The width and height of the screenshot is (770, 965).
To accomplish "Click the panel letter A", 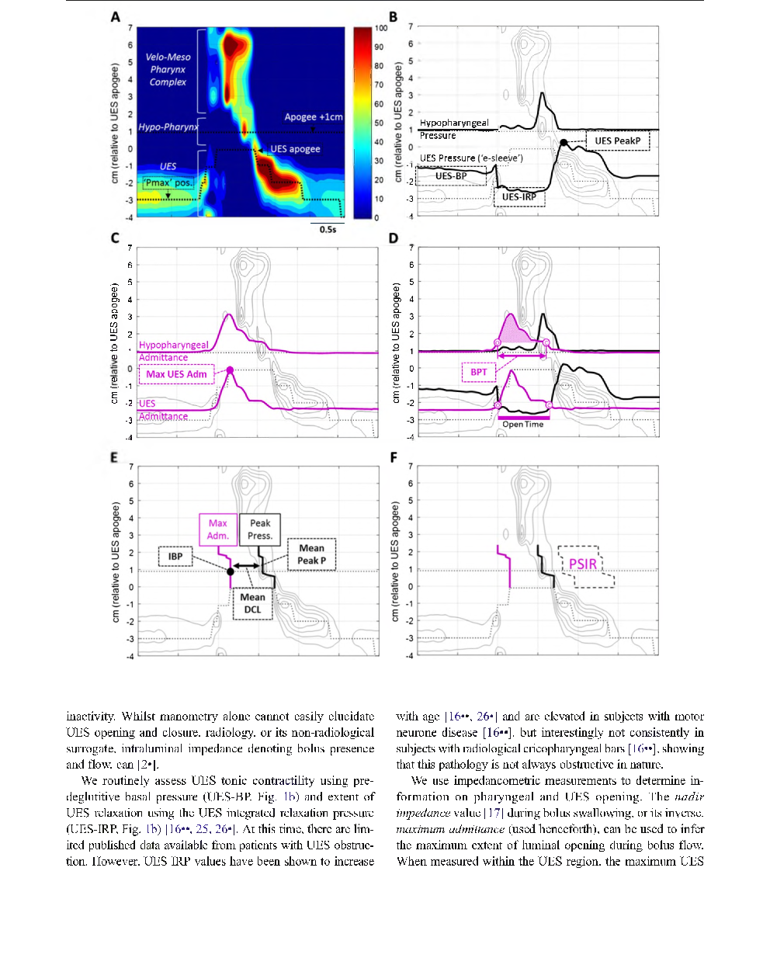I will coord(115,16).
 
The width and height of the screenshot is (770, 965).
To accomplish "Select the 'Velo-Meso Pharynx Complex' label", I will coord(168,69).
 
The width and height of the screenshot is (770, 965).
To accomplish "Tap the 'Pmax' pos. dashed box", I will coord(168,183).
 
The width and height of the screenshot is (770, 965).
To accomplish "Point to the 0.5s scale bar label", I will coord(328,229).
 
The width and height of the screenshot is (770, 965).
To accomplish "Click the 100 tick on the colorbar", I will coord(380,28).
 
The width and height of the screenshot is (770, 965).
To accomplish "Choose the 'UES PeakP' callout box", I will coord(617,141).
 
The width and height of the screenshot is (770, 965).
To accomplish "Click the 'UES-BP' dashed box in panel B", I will coord(450,176).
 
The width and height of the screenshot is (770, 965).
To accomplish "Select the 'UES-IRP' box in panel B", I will coord(519,197).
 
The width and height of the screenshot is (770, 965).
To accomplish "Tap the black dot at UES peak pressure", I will coord(564,142).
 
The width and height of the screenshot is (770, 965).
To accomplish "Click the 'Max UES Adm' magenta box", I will coord(176,374).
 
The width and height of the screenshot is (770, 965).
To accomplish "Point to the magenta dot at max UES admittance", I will coord(230,370).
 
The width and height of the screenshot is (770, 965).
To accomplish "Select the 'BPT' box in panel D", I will coord(479,372).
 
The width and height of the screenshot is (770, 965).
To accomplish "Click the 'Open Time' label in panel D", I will coord(522,425).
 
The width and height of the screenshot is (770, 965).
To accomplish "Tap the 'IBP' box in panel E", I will coord(175,556).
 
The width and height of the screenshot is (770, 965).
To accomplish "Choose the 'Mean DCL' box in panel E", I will coord(252,603).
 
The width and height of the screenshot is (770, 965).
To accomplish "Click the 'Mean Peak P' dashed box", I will coord(311,554).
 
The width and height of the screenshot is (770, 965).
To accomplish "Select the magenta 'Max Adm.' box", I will coord(218,529).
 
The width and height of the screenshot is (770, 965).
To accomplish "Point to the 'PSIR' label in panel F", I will coord(583,564).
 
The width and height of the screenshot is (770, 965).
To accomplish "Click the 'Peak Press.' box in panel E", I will coord(260,529).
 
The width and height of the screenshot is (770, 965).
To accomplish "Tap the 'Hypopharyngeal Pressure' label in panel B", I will coord(454,129).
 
